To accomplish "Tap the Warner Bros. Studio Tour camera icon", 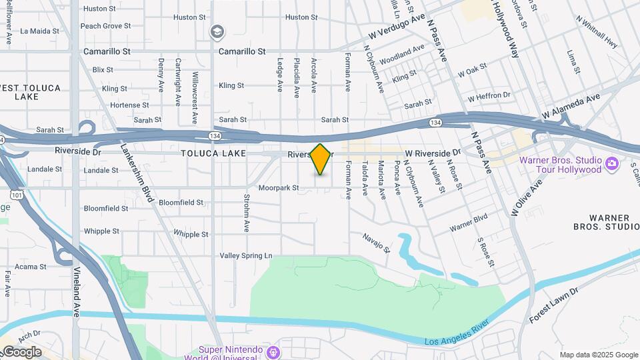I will pos(611,162).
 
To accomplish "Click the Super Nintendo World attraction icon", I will pos(272,351).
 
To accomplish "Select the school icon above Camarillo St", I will pos(217,32).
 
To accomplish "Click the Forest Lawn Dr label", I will pos(554,306).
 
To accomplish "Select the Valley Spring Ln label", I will pos(247,255).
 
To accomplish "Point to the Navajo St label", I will pos(376,241).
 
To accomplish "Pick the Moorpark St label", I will pos(279,188).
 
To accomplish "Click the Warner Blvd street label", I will pos(469,223).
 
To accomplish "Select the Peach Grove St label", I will pos(105,26).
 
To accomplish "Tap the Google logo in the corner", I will pos(21,352).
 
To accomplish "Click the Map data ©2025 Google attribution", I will pos(599,355).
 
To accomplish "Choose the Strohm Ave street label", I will pos(247,213).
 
